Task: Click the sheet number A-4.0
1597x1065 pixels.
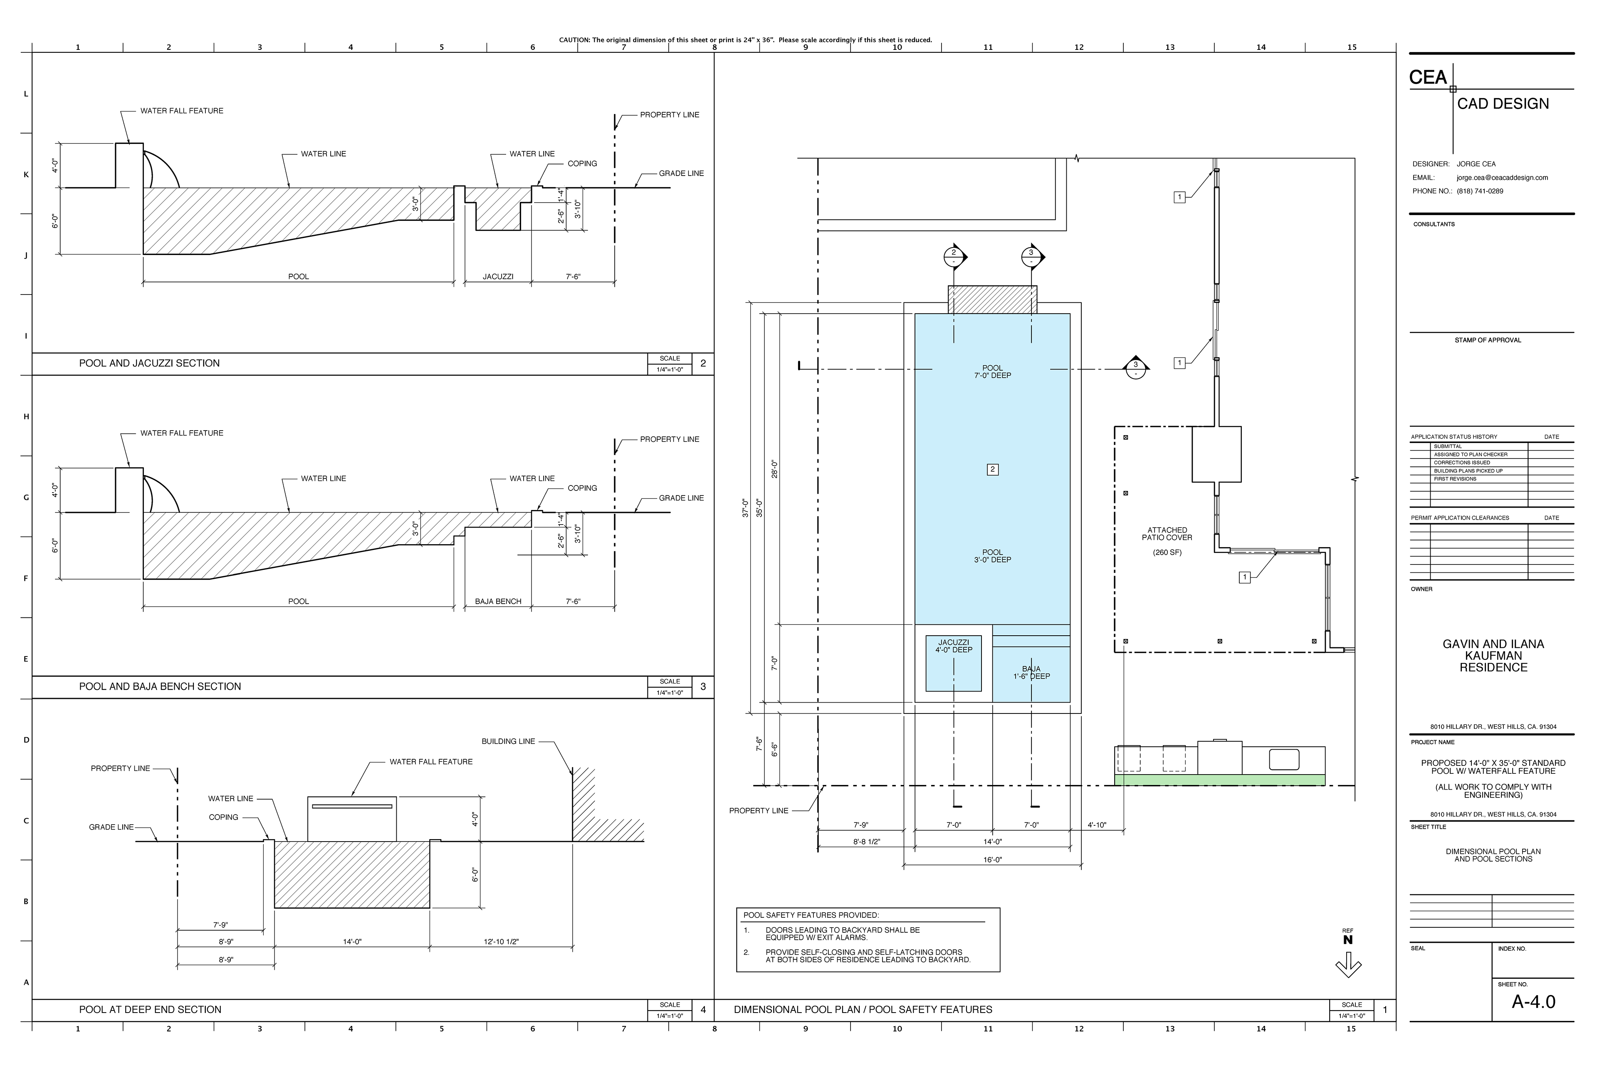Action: [1533, 1001]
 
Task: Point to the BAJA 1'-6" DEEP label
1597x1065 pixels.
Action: [1031, 672]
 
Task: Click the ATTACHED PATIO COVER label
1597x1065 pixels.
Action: [1167, 534]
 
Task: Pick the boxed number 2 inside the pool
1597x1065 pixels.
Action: [993, 469]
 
